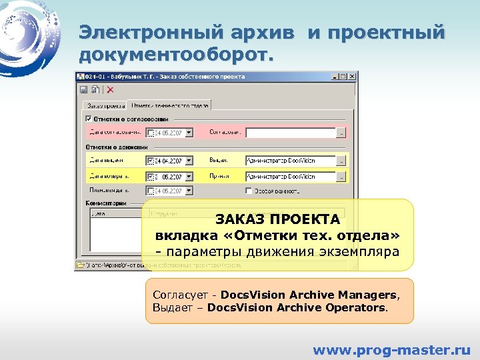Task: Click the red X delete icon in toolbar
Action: [x=110, y=90]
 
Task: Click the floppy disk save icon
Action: [x=84, y=90]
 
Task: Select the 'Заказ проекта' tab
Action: [x=104, y=105]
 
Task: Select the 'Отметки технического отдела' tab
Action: [x=169, y=105]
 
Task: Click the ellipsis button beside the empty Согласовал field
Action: [x=341, y=133]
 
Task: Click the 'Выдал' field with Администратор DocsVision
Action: [x=289, y=161]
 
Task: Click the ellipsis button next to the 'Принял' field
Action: [x=341, y=177]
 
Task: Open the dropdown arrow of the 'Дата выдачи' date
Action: [x=189, y=161]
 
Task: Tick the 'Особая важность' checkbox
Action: [x=249, y=191]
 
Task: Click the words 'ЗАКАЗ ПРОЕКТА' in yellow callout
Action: [x=277, y=220]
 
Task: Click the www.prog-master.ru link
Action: [x=391, y=349]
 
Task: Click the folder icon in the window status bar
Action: [x=80, y=265]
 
